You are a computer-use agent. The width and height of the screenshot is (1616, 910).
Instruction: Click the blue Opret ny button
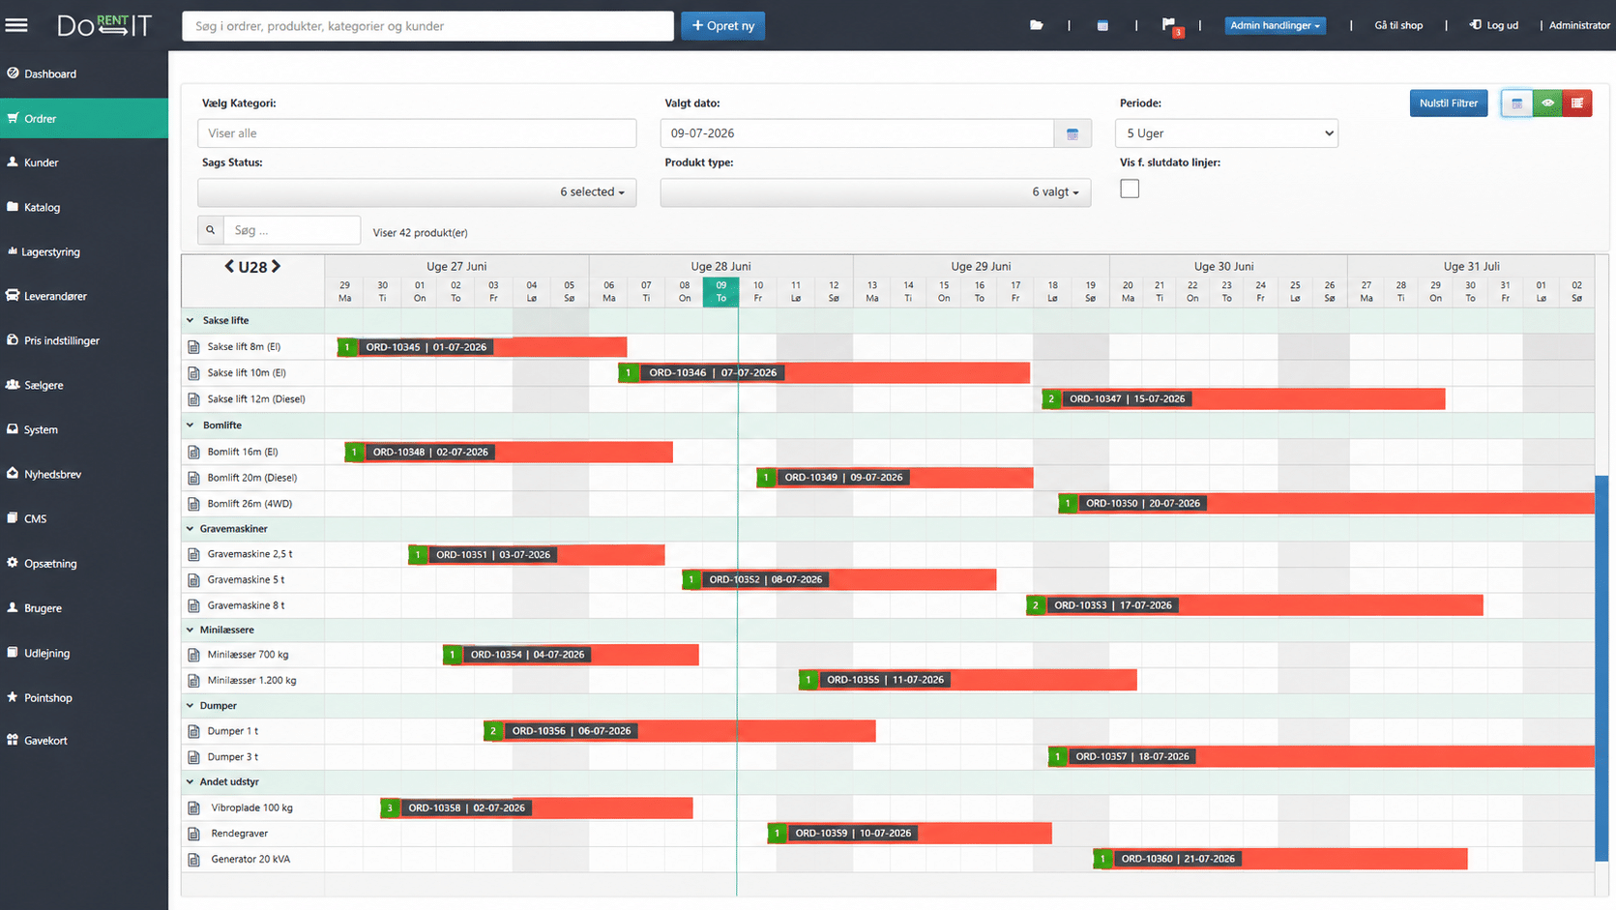(x=722, y=26)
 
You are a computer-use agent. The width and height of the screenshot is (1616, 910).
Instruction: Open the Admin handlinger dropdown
(x=1275, y=25)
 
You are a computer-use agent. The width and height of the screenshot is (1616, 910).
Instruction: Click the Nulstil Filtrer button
(x=1448, y=103)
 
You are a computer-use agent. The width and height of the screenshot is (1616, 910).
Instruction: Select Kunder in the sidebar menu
(x=42, y=162)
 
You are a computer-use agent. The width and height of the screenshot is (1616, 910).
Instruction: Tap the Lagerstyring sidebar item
(x=50, y=251)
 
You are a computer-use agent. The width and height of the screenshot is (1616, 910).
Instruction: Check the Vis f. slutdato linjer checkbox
(x=1130, y=190)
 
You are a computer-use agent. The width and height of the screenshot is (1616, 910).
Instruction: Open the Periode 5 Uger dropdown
(x=1226, y=133)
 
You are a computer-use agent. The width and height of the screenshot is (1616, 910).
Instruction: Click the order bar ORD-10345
(x=482, y=347)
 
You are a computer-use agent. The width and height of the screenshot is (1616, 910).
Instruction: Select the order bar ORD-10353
(x=1254, y=605)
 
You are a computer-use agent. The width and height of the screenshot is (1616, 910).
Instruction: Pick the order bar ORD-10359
(x=909, y=834)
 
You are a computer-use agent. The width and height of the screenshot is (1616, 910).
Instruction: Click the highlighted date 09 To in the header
(x=720, y=291)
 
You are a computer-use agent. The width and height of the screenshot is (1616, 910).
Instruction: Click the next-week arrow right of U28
(x=276, y=266)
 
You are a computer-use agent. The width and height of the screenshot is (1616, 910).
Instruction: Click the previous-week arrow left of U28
(x=229, y=266)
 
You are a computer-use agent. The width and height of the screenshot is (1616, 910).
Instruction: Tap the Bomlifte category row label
(x=222, y=426)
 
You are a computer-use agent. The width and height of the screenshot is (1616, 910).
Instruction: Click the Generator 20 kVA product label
(x=250, y=859)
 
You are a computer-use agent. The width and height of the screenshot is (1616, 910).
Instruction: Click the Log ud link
(x=1494, y=25)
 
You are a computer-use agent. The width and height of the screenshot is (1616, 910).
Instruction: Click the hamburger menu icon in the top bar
(x=16, y=25)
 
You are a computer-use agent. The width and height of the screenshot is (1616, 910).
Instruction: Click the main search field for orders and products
(x=427, y=26)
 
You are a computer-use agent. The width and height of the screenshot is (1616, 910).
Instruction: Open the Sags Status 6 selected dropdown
(x=417, y=191)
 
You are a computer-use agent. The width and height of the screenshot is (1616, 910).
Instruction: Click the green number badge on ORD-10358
(x=390, y=807)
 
